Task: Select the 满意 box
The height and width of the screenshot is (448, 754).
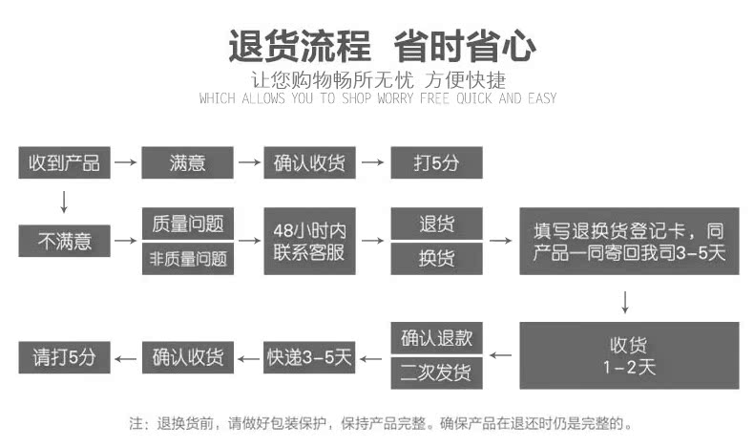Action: pos(188,163)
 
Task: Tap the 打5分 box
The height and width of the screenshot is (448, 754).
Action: pos(435,163)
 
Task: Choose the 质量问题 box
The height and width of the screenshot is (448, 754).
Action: pos(188,224)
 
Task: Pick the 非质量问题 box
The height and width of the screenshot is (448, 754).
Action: pos(188,258)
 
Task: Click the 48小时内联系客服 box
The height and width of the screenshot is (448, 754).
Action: pos(310,241)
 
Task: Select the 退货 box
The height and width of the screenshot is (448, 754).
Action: pos(436,224)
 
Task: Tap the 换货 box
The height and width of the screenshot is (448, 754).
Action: pos(436,258)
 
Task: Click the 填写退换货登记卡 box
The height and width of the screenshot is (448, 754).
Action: pos(629,241)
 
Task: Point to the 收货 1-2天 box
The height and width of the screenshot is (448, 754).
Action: pos(629,355)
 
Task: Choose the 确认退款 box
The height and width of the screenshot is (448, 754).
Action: pos(436,338)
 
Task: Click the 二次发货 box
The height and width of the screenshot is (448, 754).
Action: pos(436,373)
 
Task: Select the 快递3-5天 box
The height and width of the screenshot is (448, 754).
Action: pos(310,357)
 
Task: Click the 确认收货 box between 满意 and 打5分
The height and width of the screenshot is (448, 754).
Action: pos(310,163)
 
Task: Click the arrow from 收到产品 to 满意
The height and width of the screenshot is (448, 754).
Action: pos(125,163)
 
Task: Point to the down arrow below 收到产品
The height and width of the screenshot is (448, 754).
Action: pos(64,202)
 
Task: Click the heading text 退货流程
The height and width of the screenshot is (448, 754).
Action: pos(299,46)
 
